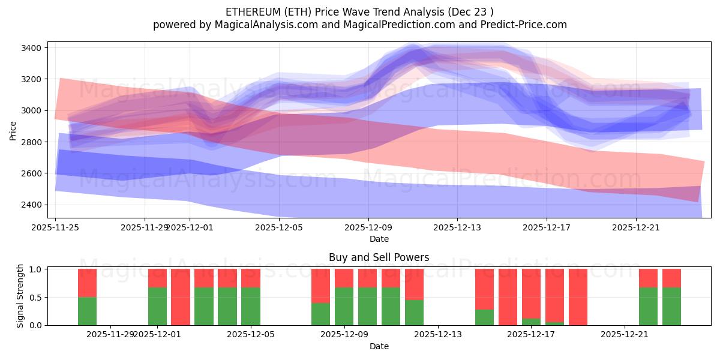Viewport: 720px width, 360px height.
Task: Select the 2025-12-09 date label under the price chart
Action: pyautogui.click(x=368, y=227)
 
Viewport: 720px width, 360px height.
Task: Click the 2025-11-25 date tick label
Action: pyautogui.click(x=56, y=227)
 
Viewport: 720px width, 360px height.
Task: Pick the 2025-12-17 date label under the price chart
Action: pyautogui.click(x=546, y=227)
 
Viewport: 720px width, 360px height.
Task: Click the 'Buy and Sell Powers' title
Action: pyautogui.click(x=379, y=257)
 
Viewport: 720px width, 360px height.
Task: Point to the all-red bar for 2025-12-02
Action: pyautogui.click(x=181, y=297)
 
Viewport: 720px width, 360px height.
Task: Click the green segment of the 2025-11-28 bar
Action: pyautogui.click(x=87, y=311)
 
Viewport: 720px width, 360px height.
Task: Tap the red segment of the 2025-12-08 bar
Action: pyautogui.click(x=321, y=286)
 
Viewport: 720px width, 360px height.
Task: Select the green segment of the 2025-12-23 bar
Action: pyautogui.click(x=671, y=306)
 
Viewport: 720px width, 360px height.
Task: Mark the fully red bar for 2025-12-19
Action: pyautogui.click(x=578, y=297)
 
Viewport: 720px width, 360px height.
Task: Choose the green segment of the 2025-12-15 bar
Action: pyautogui.click(x=484, y=317)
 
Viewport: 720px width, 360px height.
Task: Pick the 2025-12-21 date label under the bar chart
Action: pyautogui.click(x=625, y=334)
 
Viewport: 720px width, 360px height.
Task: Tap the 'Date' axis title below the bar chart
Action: pyautogui.click(x=379, y=346)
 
